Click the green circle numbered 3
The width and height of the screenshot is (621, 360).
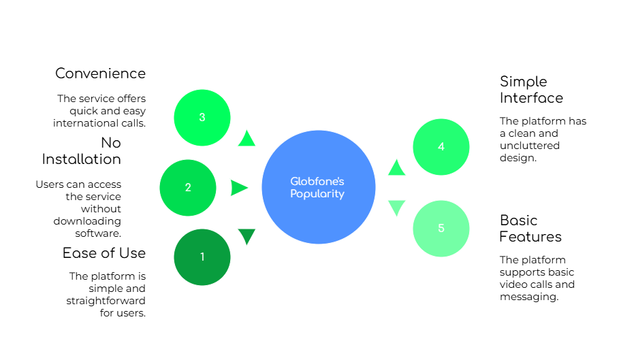point(202,117)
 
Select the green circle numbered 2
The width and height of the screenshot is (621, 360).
point(188,188)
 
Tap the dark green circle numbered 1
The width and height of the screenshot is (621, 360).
point(202,257)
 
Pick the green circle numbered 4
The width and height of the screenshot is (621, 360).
point(441,147)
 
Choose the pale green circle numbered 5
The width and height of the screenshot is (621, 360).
point(441,229)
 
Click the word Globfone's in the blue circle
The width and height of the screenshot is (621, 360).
point(317,181)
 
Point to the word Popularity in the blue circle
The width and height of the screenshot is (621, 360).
point(317,194)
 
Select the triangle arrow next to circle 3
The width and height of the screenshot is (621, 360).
point(246,137)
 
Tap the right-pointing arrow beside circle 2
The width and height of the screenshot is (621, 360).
point(239,188)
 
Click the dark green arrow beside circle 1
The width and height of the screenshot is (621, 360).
point(246,236)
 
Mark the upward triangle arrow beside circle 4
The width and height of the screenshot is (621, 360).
point(396,167)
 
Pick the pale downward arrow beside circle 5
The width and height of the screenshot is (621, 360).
point(396,208)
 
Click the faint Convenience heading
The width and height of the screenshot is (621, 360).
point(101,73)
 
